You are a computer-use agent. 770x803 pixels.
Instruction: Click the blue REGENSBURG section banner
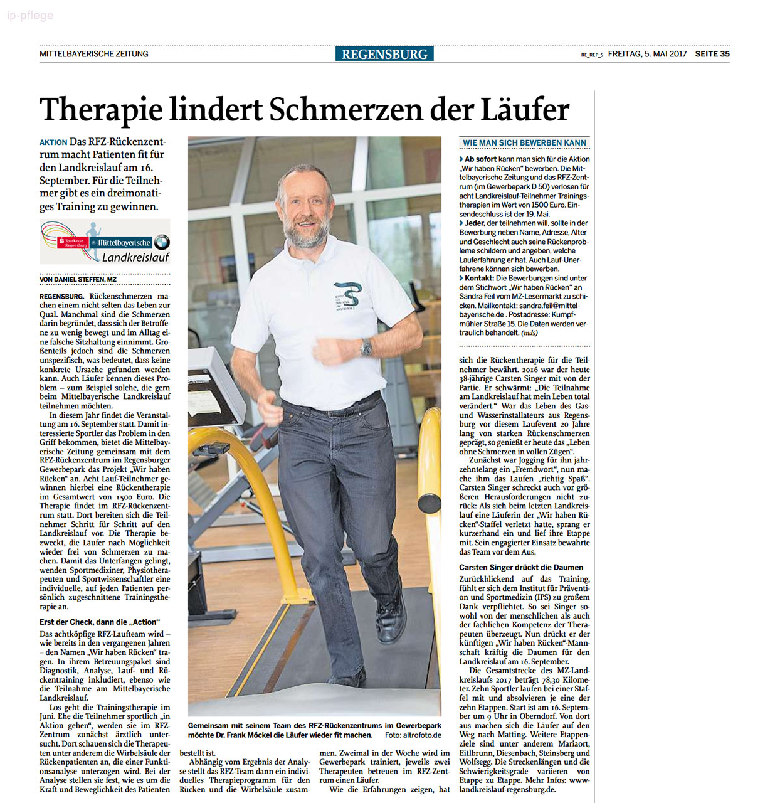tap(384, 54)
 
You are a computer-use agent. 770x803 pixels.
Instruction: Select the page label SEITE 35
tap(712, 54)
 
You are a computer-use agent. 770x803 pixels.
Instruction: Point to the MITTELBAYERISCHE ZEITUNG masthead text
tap(94, 54)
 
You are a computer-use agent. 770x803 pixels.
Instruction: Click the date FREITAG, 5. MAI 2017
tap(647, 54)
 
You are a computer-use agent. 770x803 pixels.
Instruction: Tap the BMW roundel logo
tap(162, 242)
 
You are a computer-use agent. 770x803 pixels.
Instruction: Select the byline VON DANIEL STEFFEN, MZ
tap(78, 280)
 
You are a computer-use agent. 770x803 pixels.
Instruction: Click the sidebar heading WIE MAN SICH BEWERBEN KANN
tap(524, 143)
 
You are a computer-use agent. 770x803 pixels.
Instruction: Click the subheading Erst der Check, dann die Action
tap(98, 622)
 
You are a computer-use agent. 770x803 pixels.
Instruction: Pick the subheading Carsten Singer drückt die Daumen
tap(521, 567)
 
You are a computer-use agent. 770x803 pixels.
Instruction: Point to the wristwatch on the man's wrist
tap(366, 348)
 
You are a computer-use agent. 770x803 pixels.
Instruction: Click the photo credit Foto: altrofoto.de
tap(413, 735)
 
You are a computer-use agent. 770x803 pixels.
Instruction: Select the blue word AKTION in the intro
tap(53, 142)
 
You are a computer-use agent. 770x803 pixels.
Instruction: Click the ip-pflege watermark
tap(30, 16)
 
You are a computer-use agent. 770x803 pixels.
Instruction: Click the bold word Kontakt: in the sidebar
tap(479, 278)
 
